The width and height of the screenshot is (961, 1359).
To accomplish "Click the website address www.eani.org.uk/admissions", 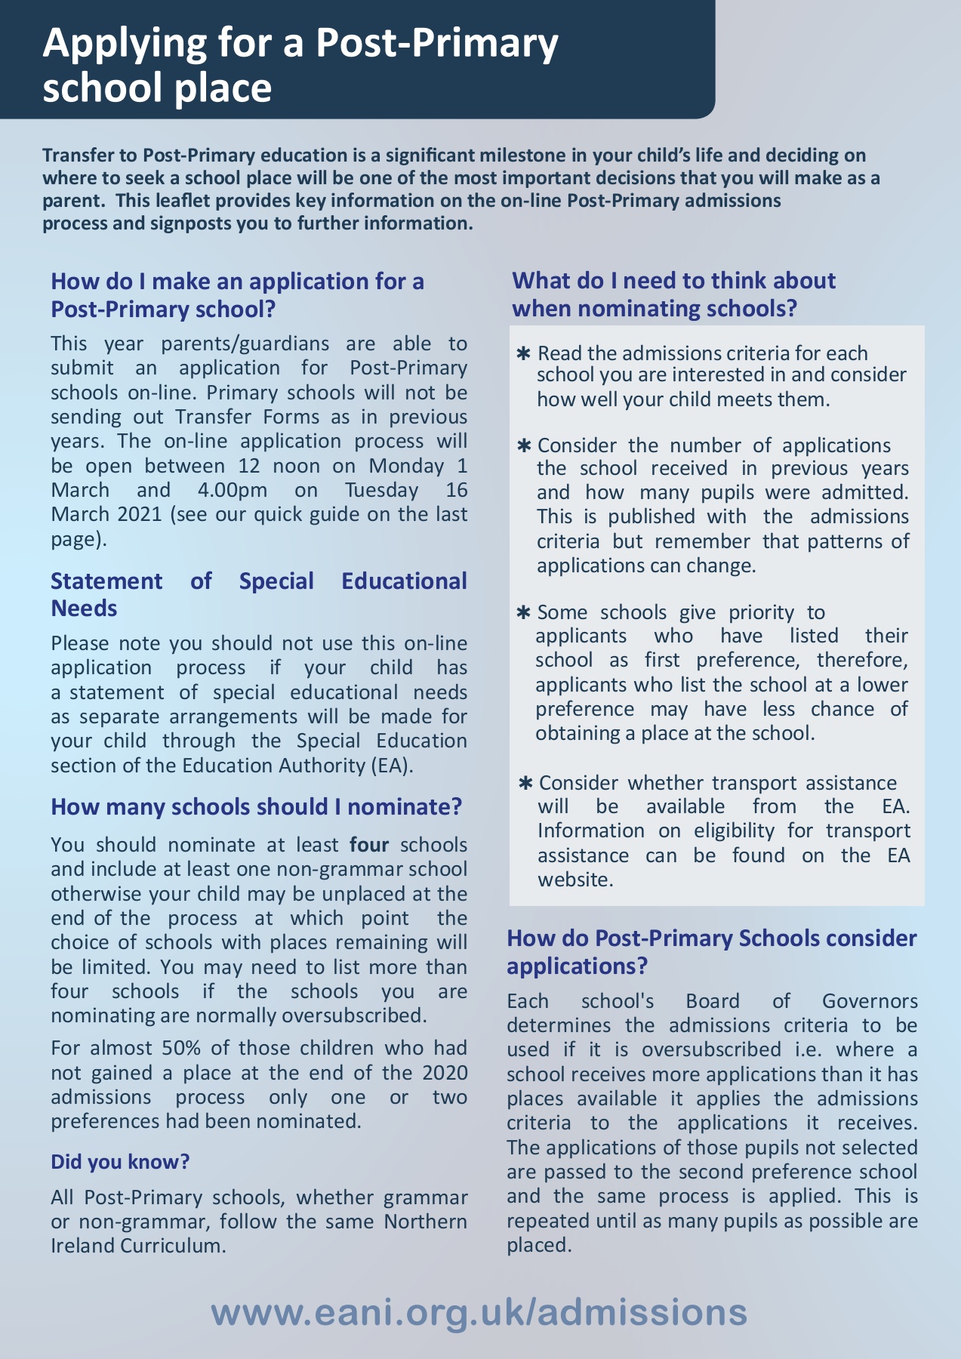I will (x=479, y=1312).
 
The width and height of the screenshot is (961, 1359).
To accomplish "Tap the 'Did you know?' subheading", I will (x=120, y=1161).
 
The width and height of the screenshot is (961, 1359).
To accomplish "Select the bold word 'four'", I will (x=369, y=844).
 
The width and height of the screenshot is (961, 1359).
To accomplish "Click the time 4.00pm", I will (x=233, y=489).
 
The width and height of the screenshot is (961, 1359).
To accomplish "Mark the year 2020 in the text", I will (x=445, y=1072).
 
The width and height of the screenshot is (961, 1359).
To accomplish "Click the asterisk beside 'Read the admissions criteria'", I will (x=523, y=354).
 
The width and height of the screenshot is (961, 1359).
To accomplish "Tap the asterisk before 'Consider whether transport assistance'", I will (x=526, y=784).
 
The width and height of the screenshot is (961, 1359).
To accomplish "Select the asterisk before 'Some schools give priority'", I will (x=523, y=612).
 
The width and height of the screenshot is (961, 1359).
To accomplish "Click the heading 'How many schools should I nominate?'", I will (x=256, y=806).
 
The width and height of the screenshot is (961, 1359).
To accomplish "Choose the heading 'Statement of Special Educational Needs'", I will (x=258, y=594).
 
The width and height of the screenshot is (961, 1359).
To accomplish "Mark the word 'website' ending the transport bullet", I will (x=573, y=880).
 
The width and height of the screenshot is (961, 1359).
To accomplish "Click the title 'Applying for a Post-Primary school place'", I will (x=300, y=65).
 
